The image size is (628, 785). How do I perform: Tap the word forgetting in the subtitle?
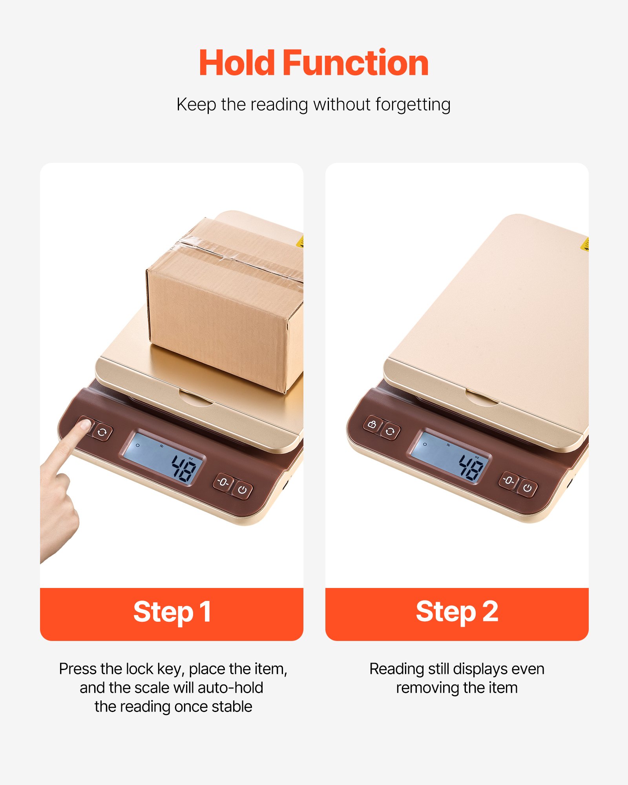pos(413,105)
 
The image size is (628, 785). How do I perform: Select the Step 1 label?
pos(172,612)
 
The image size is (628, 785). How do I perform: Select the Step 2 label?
pos(457,612)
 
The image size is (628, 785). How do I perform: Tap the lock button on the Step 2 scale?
pos(372,424)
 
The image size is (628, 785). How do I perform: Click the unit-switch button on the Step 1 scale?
pos(102,433)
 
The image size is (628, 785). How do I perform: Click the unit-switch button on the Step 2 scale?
pos(390,432)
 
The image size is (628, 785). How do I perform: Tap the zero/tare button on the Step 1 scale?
pos(223,482)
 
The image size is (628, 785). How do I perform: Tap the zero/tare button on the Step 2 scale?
pos(509,480)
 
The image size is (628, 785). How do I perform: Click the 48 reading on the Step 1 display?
pos(184,468)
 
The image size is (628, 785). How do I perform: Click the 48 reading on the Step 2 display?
pos(471,467)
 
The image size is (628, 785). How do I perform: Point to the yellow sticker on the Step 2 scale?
pos(585,244)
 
